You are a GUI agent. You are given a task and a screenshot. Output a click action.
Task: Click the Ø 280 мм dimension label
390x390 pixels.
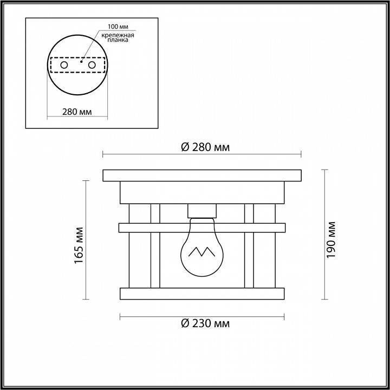[203, 147]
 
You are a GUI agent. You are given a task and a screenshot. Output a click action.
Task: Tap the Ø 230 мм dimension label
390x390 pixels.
[203, 324]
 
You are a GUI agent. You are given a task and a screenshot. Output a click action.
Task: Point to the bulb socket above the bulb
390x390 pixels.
[201, 211]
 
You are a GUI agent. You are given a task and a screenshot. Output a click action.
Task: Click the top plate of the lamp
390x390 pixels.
[201, 175]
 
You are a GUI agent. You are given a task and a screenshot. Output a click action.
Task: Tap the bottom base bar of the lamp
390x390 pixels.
[201, 293]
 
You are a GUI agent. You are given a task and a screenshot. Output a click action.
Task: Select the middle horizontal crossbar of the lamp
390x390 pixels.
[201, 227]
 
